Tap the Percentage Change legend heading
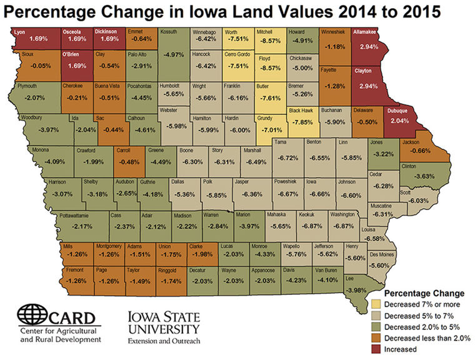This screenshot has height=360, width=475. (x=423, y=292)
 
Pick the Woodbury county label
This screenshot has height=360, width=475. (x=31, y=117)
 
